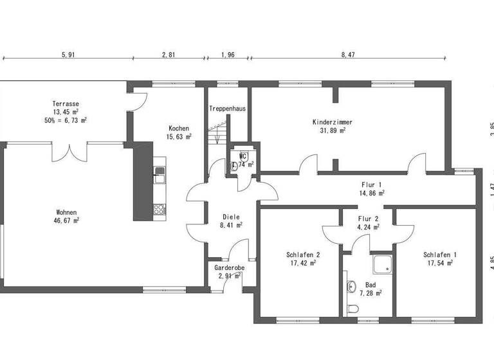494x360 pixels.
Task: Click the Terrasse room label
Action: click(x=66, y=104)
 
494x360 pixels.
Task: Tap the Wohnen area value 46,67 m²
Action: click(x=66, y=220)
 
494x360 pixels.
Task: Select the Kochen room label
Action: click(x=178, y=128)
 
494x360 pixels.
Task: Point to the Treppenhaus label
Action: click(x=227, y=109)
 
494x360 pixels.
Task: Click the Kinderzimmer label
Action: click(x=332, y=122)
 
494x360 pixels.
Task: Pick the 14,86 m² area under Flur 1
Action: click(x=372, y=192)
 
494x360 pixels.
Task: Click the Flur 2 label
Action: click(x=368, y=217)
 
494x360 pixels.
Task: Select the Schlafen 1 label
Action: click(x=440, y=255)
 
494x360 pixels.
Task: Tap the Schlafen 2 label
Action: click(x=303, y=255)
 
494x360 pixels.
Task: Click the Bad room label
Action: click(x=370, y=284)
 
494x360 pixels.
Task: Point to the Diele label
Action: click(x=231, y=217)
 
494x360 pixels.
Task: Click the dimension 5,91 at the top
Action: click(x=68, y=55)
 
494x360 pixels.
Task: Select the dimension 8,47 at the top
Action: click(x=347, y=55)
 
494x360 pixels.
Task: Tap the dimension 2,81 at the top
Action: click(x=168, y=55)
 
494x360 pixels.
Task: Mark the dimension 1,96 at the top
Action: click(x=228, y=55)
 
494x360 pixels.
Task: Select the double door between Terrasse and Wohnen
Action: click(x=69, y=152)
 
